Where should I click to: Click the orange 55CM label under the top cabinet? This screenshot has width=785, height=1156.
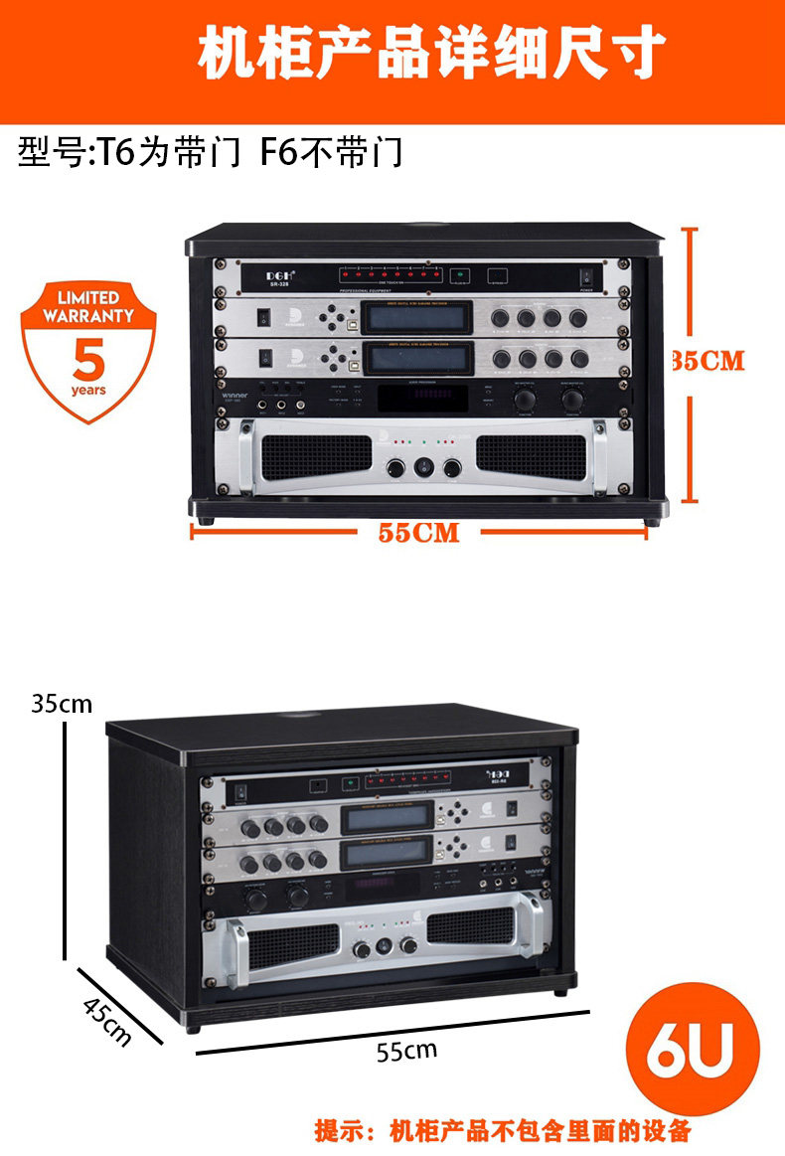[418, 533]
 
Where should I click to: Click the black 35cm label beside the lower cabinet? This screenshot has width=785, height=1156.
[62, 704]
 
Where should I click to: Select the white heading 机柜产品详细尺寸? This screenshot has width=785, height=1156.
[431, 55]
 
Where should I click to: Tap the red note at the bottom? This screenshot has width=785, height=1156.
[503, 1131]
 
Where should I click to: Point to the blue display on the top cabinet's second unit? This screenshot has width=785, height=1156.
[412, 315]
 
